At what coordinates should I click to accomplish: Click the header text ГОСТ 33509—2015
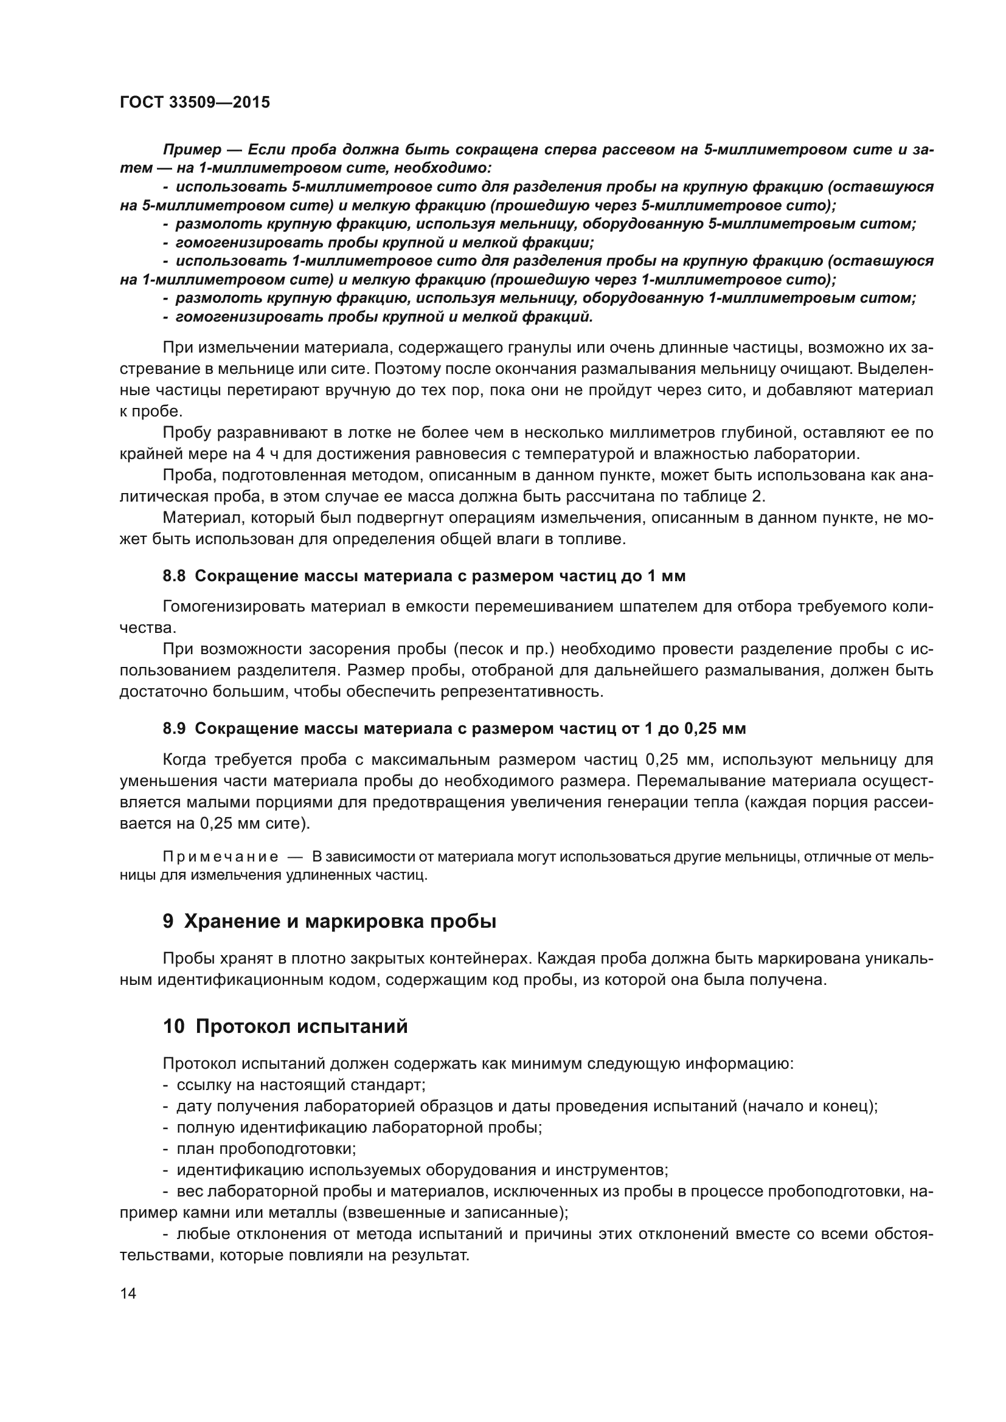195,103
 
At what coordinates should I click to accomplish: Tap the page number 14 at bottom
128,1294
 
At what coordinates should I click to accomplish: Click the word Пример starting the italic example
192,150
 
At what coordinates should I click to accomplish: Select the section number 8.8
174,576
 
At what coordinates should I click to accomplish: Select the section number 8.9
174,728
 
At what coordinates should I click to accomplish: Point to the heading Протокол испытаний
302,1026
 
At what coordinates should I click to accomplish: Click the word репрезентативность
522,691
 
